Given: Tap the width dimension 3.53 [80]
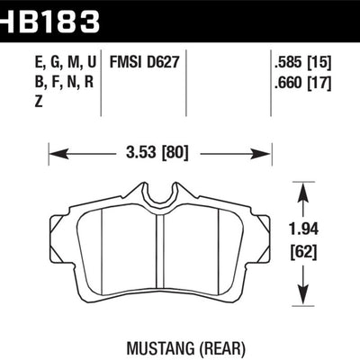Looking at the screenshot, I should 158,153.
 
